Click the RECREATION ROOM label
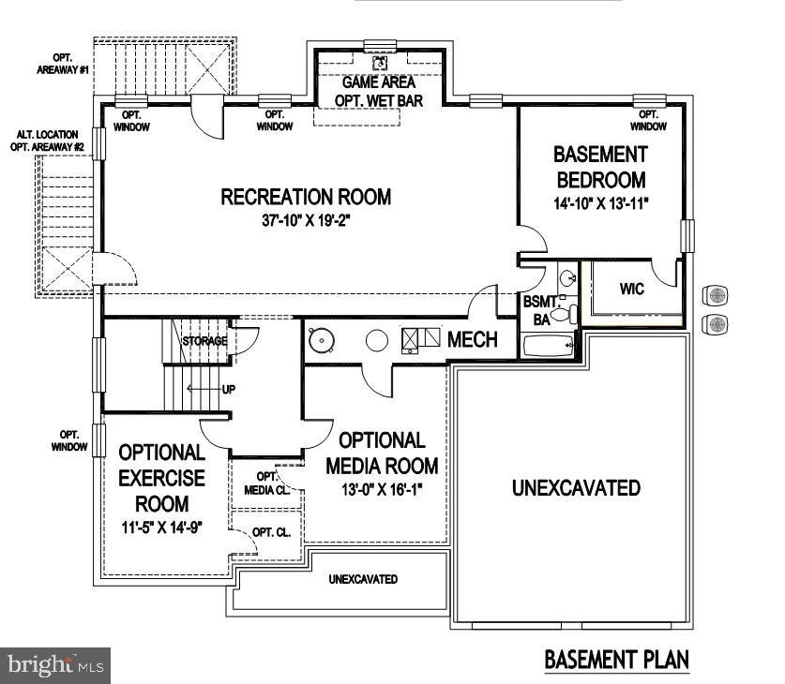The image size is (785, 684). (306, 197)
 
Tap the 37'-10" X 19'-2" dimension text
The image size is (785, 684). (306, 222)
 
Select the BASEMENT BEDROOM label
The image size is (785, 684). (601, 167)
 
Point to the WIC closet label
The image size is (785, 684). (632, 289)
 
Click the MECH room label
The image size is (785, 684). (473, 339)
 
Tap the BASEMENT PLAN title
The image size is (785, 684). (616, 660)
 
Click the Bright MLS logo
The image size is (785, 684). (55, 665)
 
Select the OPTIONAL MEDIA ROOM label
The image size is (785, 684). (382, 453)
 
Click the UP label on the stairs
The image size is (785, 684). (228, 389)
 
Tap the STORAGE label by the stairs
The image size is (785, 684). (204, 341)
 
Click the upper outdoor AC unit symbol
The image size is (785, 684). (717, 296)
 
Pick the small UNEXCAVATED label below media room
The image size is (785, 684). (362, 579)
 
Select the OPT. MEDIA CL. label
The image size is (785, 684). (262, 483)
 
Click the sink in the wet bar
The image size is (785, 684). (381, 63)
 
